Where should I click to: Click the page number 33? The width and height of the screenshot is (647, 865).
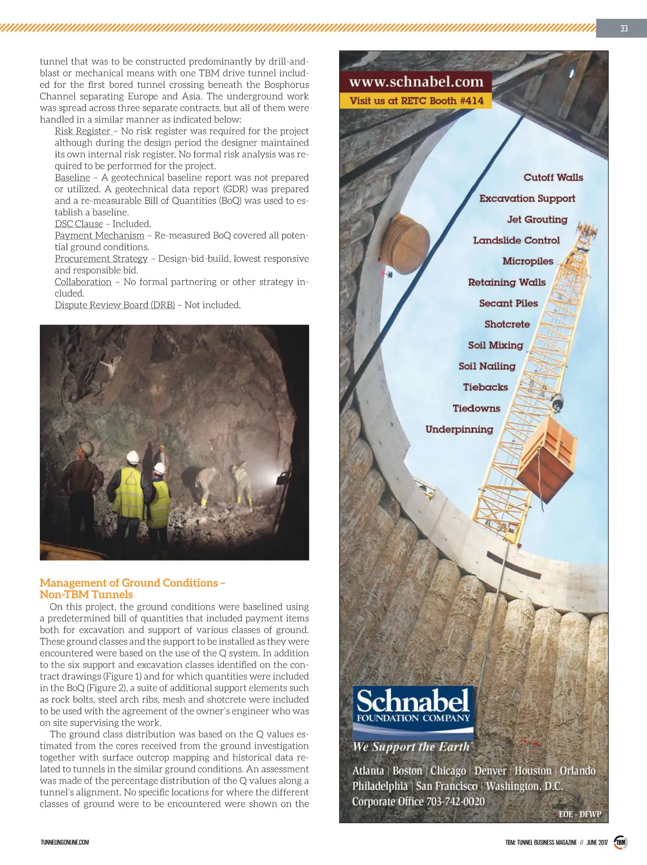point(624,29)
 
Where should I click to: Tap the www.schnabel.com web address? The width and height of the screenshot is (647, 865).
point(416,82)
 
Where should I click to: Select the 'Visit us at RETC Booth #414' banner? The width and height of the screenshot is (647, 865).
point(416,101)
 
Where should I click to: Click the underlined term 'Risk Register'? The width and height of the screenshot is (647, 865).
point(82,131)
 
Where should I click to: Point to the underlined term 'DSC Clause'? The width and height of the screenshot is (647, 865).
point(79,224)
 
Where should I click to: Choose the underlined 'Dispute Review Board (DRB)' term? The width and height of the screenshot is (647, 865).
point(115,305)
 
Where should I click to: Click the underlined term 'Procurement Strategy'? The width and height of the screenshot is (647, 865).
point(101,259)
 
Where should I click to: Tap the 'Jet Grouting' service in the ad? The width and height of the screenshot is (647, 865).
point(537,219)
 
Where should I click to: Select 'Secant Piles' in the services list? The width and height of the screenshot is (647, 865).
point(508,303)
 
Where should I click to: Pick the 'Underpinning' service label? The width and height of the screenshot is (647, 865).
point(459,429)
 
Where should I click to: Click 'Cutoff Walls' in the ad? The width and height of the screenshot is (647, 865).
point(553,177)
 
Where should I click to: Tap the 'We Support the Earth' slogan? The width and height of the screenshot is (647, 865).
point(411,747)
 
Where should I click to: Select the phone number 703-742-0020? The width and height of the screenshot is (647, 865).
point(456,801)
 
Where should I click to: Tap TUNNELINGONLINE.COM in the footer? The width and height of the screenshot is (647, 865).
point(65,842)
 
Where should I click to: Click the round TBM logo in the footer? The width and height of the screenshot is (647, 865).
point(621,842)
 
